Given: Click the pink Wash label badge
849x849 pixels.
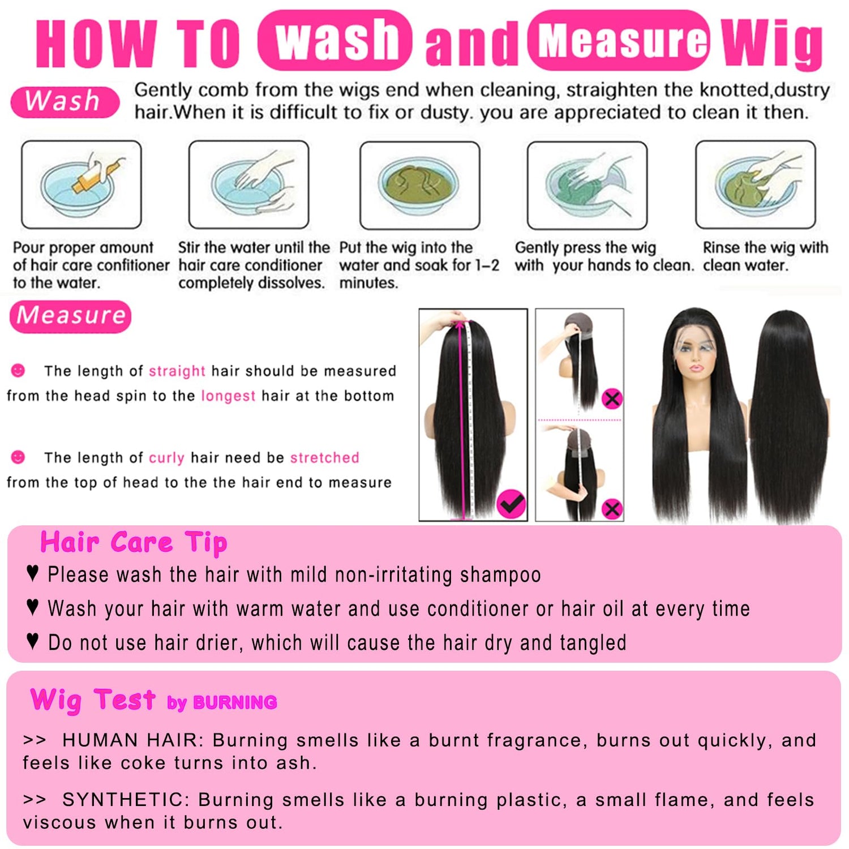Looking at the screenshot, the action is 65,102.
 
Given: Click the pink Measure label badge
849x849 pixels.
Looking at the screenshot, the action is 71,316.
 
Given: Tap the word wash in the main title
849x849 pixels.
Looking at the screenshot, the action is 335,40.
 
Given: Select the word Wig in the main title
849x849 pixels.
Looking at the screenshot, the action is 772,42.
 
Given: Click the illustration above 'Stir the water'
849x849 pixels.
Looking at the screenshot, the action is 249,185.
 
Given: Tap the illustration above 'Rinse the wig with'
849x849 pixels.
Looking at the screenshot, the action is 756,185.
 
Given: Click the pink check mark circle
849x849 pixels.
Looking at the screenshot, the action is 511,504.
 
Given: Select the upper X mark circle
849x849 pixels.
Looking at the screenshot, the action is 612,399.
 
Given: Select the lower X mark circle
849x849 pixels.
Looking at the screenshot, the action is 612,509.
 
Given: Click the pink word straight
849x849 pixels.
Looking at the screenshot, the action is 177,371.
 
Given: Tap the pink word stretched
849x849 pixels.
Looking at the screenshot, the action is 324,457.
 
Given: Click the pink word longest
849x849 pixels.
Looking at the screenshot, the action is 228,396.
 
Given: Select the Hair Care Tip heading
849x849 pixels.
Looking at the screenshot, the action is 134,542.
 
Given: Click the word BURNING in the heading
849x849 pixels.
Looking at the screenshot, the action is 234,702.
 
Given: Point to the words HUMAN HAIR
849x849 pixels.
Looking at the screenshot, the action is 130,740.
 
